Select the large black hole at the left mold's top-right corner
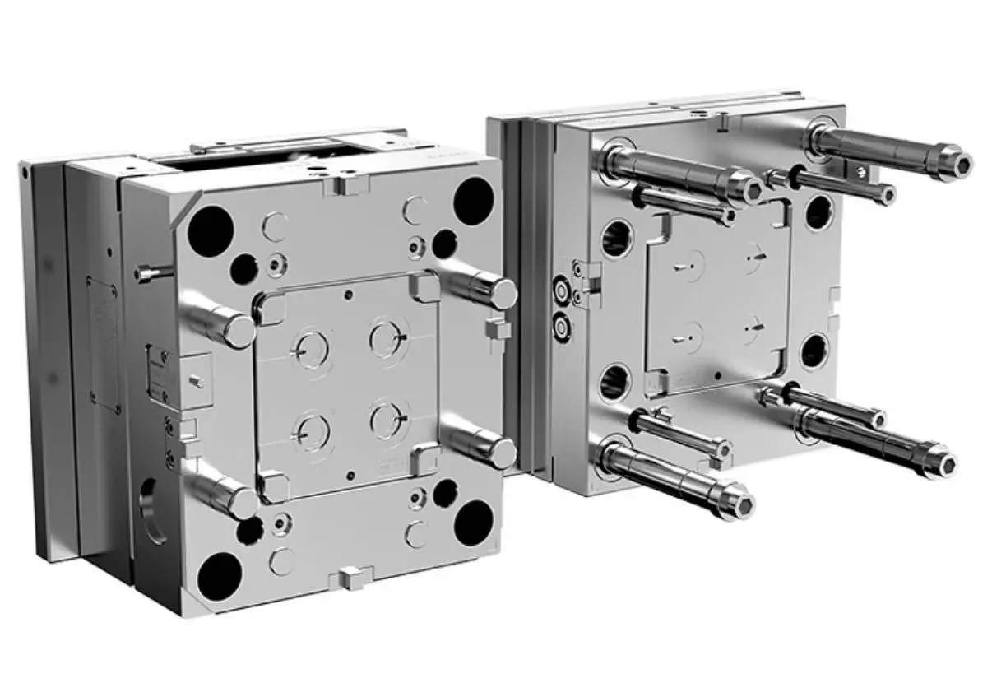click(x=474, y=198)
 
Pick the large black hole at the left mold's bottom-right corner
click(x=474, y=522)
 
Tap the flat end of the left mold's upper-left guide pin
click(x=239, y=331)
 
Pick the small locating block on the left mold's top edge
click(x=345, y=185)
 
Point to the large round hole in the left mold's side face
click(x=152, y=511)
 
